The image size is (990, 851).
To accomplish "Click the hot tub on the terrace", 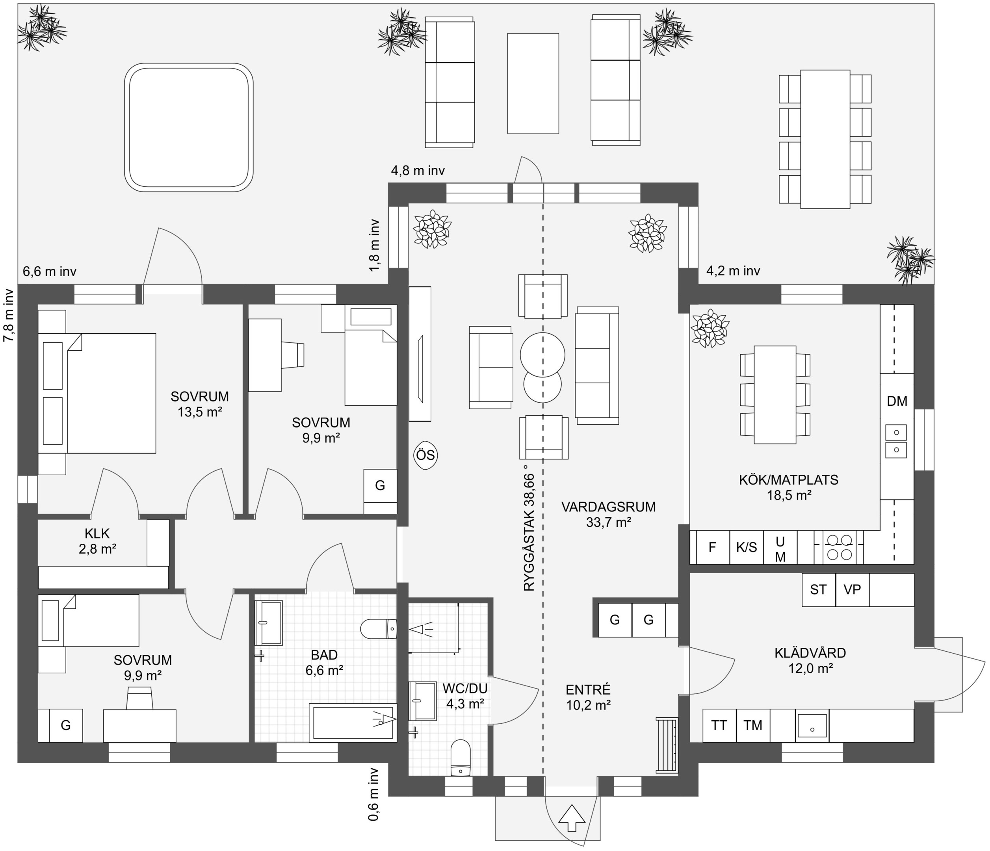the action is click(189, 128).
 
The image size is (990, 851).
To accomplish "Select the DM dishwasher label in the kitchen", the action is click(897, 401).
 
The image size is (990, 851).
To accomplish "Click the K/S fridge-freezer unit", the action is click(746, 547).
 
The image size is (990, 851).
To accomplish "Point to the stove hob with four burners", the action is click(840, 547).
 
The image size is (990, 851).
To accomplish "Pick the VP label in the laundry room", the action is click(853, 590).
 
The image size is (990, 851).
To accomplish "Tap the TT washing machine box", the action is click(719, 725).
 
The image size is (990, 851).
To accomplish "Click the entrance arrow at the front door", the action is click(572, 819).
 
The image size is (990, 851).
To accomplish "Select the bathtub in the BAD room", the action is click(353, 723).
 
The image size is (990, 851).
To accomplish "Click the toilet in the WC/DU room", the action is click(461, 757).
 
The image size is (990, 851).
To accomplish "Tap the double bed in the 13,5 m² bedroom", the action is click(112, 393).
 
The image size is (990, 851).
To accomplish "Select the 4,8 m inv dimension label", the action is click(418, 171).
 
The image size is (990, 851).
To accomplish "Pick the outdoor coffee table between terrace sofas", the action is click(533, 83).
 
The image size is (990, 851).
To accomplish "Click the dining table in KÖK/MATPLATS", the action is click(775, 395).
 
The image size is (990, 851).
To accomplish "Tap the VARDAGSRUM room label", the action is click(608, 507).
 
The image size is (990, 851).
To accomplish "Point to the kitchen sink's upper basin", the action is click(896, 433).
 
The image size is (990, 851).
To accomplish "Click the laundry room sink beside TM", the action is click(812, 725).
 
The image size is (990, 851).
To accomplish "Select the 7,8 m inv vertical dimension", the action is click(9, 315).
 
